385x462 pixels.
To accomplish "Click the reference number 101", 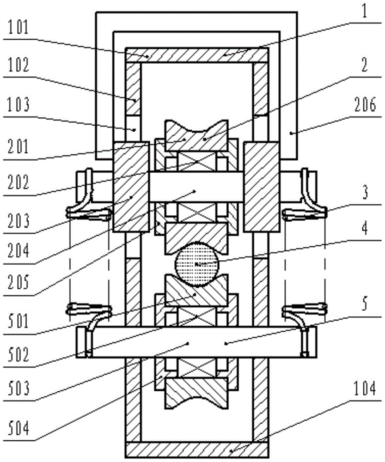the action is click(18, 29).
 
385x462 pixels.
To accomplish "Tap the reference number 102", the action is click(19, 65).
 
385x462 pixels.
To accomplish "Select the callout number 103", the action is click(19, 105).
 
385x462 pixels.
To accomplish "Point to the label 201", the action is click(19, 146).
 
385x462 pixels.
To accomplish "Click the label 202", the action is click(19, 182).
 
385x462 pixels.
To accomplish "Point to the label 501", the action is click(19, 321).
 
